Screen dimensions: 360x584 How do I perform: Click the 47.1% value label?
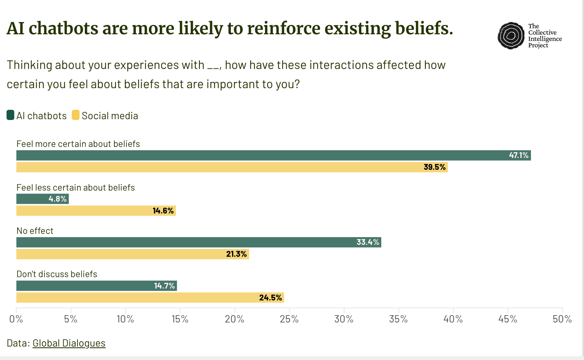[x=518, y=155]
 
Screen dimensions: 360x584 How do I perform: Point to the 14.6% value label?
[x=163, y=211]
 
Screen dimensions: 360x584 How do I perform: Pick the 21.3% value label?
[x=236, y=254]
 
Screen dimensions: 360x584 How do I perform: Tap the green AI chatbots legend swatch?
[x=11, y=115]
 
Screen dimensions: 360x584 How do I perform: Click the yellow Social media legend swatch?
[x=75, y=115]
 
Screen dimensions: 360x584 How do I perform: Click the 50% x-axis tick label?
[x=562, y=319]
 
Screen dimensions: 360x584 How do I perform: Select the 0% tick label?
[x=16, y=319]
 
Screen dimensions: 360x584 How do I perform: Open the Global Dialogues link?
[x=69, y=343]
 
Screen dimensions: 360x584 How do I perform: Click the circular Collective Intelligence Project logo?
[x=511, y=36]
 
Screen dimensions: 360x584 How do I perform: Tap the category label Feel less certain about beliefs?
[x=75, y=187]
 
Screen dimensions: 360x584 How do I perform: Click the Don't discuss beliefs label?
[x=57, y=274]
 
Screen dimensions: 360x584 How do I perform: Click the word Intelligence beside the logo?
[x=545, y=39]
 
